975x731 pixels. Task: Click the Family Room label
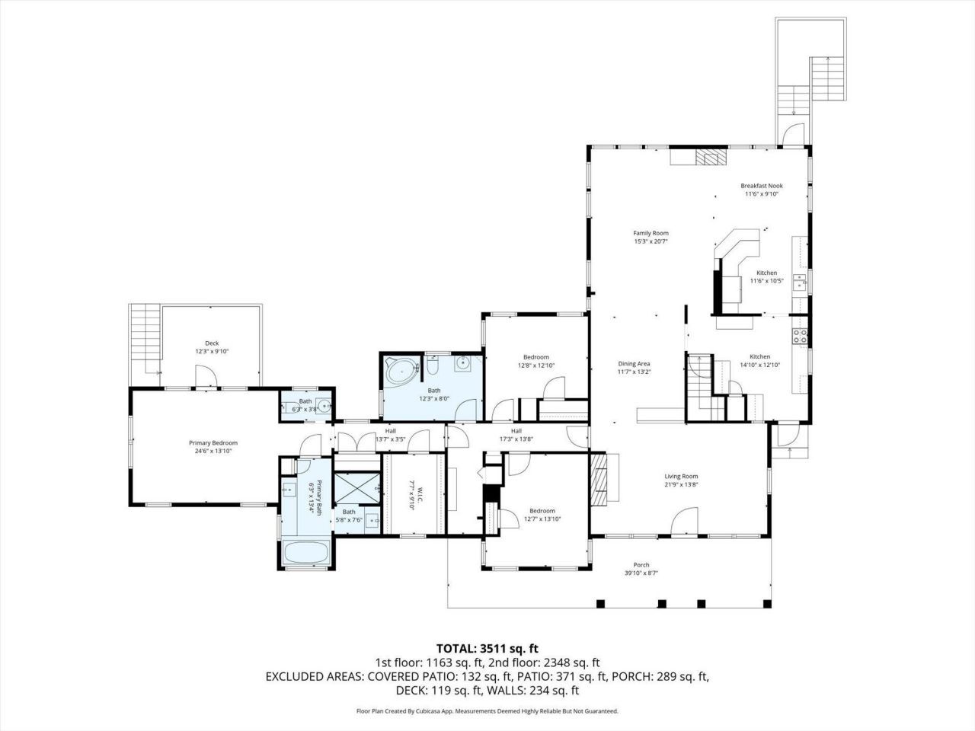[x=651, y=233]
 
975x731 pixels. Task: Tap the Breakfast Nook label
[x=761, y=186]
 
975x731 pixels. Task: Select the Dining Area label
[x=633, y=364]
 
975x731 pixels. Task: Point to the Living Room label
[x=681, y=477]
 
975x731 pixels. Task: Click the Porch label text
[x=641, y=565]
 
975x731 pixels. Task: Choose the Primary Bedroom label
[x=213, y=443]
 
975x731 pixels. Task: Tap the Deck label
[x=212, y=343]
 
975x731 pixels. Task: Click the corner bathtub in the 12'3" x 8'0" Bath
[x=400, y=372]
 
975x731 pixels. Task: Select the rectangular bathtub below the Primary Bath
[x=306, y=554]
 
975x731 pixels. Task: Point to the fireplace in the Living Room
[x=602, y=478]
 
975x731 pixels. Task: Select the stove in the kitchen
[x=800, y=336]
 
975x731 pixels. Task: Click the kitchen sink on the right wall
[x=800, y=283]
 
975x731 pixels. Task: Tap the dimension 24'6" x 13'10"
[x=213, y=452]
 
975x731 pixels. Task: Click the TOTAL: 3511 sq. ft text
[x=487, y=649]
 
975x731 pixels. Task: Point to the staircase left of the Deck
[x=145, y=335]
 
